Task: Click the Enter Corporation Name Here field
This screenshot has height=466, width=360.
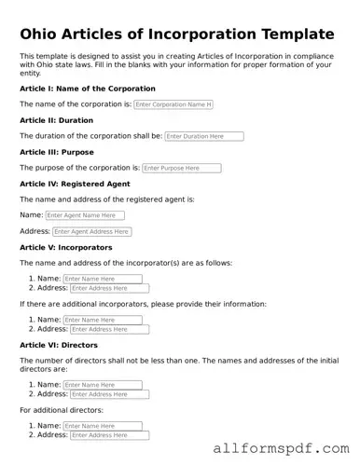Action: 173,104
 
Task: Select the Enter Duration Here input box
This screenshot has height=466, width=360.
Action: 203,136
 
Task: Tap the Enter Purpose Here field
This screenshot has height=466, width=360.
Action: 182,169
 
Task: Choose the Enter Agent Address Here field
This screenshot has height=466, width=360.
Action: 91,231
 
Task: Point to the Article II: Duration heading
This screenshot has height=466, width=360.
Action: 56,120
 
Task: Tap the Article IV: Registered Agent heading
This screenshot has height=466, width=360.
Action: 75,184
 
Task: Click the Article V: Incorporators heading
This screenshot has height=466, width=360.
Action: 65,247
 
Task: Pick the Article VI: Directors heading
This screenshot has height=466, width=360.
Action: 59,344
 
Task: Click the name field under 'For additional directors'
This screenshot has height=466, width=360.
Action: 103,426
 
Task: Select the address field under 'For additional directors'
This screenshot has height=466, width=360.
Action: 109,435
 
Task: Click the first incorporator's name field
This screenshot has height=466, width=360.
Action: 103,279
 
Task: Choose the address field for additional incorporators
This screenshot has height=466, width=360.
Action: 109,329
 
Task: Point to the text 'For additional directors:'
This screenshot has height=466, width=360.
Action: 62,410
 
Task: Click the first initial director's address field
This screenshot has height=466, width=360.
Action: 109,394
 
